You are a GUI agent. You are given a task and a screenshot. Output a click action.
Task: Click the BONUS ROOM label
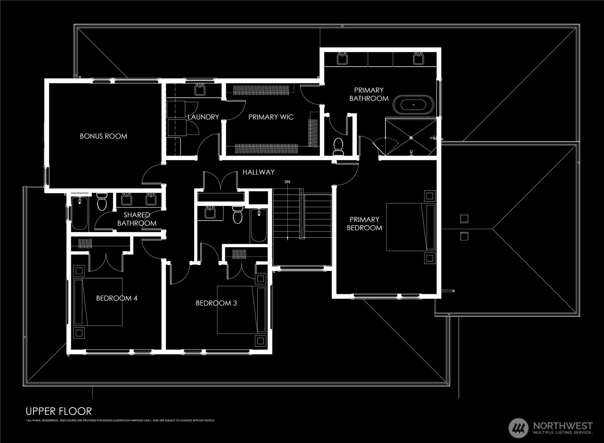pyautogui.click(x=103, y=136)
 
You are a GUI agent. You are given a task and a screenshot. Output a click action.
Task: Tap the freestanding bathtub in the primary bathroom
pyautogui.click(x=414, y=105)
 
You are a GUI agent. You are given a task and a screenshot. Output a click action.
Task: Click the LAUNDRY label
pyautogui.click(x=203, y=117)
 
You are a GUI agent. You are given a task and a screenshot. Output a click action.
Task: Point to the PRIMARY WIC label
pyautogui.click(x=271, y=117)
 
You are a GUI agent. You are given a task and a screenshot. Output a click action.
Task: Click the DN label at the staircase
pyautogui.click(x=287, y=182)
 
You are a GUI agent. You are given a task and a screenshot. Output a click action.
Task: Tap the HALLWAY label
pyautogui.click(x=258, y=172)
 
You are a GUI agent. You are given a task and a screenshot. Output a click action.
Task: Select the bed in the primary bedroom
pyautogui.click(x=410, y=227)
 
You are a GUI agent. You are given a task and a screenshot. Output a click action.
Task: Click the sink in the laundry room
pyautogui.click(x=199, y=90)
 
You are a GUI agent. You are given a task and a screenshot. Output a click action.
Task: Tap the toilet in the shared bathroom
pyautogui.click(x=102, y=202)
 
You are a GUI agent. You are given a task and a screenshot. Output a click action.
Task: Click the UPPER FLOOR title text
pyautogui.click(x=59, y=411)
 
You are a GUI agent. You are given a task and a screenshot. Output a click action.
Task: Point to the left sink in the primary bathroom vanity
pyautogui.click(x=342, y=59)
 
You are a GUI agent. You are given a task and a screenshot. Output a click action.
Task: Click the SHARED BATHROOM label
pyautogui.click(x=137, y=219)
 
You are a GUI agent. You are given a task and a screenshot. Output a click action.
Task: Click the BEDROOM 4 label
pyautogui.click(x=116, y=298)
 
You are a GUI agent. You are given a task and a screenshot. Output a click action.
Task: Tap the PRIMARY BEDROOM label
pyautogui.click(x=364, y=224)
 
